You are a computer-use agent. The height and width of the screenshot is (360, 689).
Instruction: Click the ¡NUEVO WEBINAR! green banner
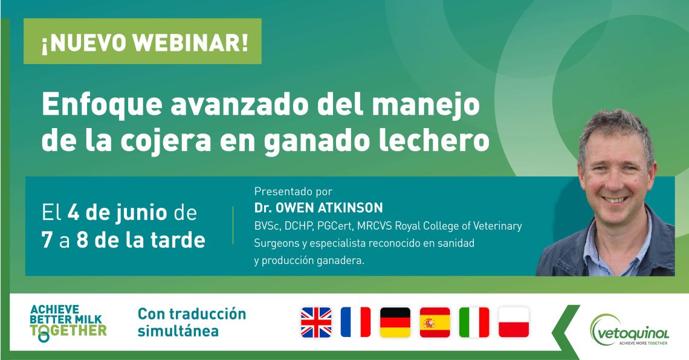143,41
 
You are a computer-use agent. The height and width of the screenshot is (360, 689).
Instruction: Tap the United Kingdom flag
316,322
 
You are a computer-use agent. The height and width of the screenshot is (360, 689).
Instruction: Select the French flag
355,322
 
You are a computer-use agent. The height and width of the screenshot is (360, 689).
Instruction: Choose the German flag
395,322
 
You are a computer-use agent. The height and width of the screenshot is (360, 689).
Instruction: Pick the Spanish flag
435,322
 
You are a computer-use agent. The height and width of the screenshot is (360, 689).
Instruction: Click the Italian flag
474,322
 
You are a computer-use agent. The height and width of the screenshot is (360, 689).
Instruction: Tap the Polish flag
514,322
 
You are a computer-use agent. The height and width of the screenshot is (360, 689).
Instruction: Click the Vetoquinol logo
630,330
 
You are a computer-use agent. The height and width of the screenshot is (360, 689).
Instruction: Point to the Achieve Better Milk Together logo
68,323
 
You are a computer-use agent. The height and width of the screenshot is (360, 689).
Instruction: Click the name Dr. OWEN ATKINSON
319,208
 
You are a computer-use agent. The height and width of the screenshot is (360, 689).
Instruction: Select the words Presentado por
293,191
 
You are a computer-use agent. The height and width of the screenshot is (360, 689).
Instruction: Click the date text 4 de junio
117,213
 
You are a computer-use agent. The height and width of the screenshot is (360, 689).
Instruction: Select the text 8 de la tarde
141,240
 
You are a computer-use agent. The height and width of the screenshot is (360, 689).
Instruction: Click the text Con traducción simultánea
192,322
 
